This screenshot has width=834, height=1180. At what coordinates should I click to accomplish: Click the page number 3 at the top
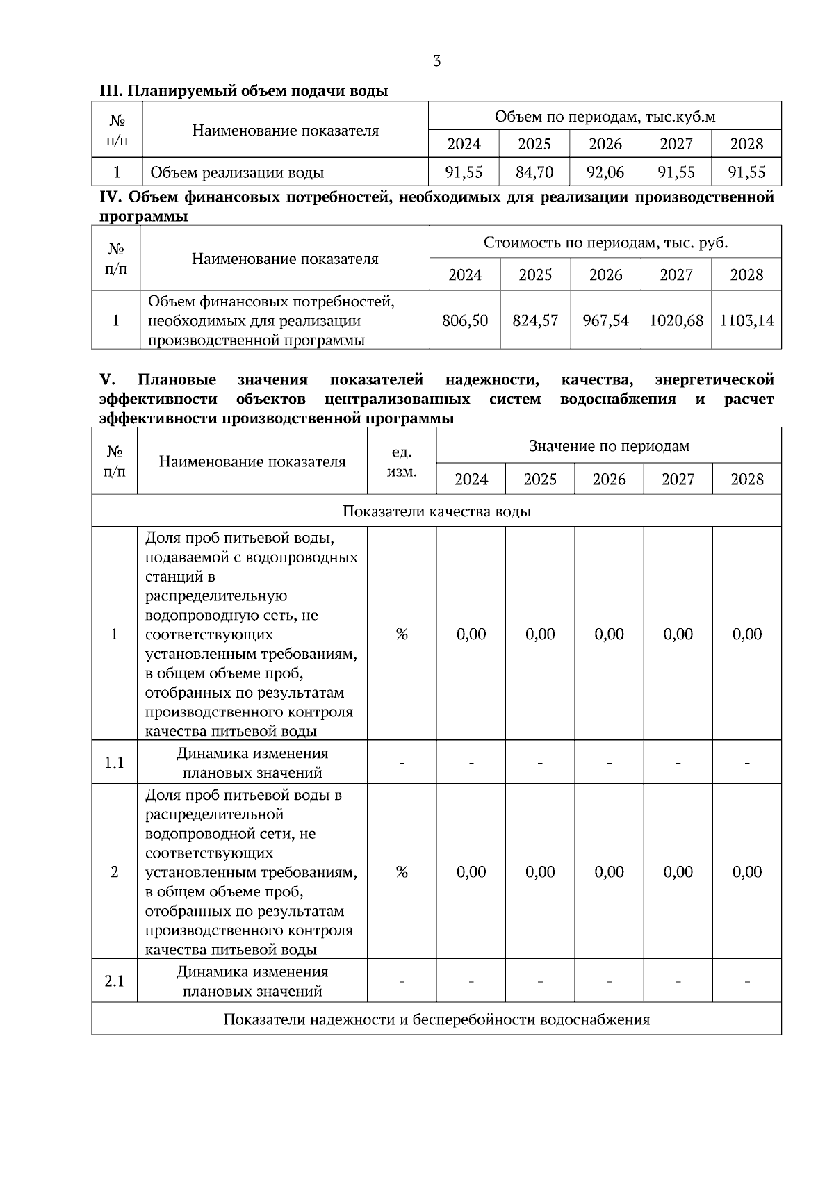point(436,61)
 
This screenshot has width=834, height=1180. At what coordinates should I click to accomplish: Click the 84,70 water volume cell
point(534,172)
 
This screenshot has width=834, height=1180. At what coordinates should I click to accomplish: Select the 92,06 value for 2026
point(606,172)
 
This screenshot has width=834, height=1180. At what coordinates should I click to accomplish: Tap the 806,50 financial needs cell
point(465,320)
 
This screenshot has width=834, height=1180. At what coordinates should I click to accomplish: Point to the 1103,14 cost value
point(746,320)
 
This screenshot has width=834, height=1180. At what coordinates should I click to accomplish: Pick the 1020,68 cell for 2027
point(676,320)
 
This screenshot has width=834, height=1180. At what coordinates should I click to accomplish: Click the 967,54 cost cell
point(606,320)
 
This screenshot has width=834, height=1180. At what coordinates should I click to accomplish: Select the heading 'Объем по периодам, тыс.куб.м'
point(605,116)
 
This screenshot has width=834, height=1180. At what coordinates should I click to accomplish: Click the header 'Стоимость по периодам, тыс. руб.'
point(605,243)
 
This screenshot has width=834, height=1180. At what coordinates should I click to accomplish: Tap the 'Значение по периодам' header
point(609,446)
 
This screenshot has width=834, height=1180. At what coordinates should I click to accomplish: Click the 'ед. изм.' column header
point(402,462)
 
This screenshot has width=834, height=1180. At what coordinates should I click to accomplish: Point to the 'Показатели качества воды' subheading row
point(436,511)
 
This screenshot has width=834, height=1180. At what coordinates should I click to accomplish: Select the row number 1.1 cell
point(114,762)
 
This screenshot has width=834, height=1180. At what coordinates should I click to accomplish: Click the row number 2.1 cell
point(114,981)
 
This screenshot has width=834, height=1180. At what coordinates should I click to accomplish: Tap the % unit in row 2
point(402,871)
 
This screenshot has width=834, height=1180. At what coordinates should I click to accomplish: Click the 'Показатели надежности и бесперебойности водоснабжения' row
point(436,1019)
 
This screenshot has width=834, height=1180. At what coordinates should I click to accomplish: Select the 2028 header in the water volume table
point(746,144)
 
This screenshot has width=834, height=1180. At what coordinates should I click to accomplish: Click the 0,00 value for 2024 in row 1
point(471,634)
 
